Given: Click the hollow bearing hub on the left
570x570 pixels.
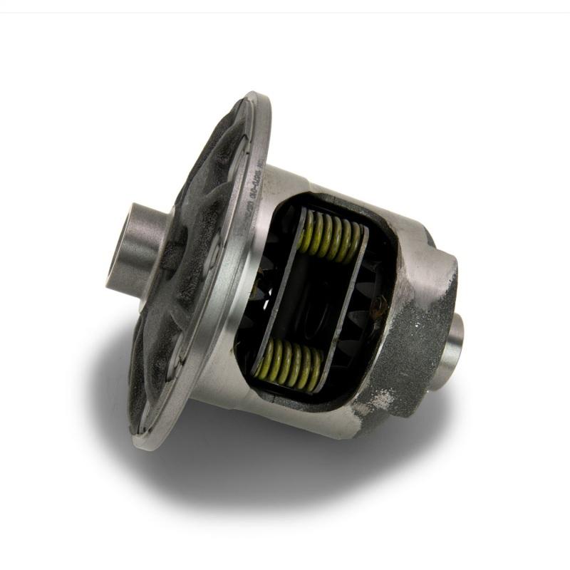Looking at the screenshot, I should pyautogui.click(x=135, y=246).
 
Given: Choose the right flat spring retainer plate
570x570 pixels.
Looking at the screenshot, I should pyautogui.click(x=342, y=303).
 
